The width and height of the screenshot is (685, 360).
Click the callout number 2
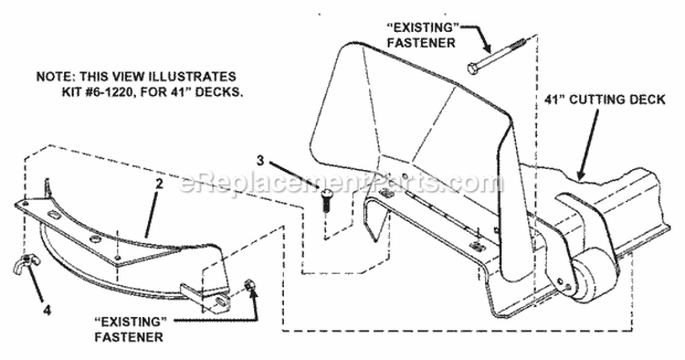[159, 184]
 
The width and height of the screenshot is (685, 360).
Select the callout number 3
[260, 160]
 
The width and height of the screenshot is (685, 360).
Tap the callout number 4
[47, 310]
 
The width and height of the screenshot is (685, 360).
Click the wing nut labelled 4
[26, 264]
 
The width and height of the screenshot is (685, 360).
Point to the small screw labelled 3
[325, 200]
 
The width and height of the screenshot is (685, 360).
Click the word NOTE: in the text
[51, 76]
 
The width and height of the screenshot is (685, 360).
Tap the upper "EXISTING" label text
[423, 27]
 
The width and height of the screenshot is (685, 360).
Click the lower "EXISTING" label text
[131, 322]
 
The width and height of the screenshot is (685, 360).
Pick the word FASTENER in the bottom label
[129, 337]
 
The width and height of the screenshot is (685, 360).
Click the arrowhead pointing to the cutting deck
[581, 174]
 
